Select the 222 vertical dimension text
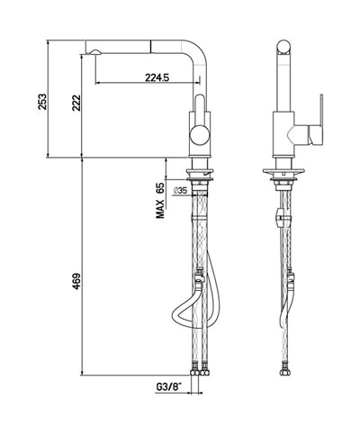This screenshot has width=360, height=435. pyautogui.click(x=76, y=103)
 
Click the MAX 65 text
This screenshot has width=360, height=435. pyautogui.click(x=159, y=201)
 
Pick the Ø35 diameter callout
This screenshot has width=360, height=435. pyautogui.click(x=180, y=191)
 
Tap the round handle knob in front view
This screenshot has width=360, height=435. pyautogui.click(x=200, y=136)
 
